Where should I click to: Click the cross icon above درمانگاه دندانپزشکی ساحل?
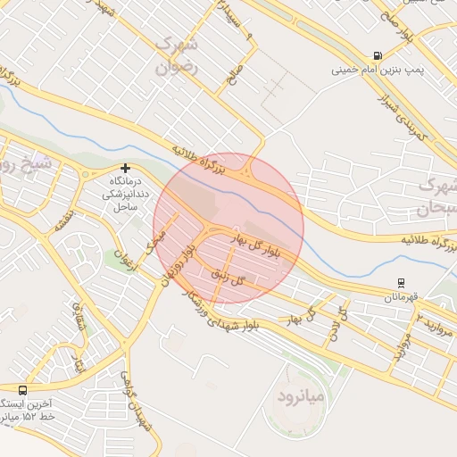tap(126, 168)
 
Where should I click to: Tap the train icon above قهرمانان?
tap(401, 282)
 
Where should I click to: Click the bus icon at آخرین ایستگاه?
tap(22, 390)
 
